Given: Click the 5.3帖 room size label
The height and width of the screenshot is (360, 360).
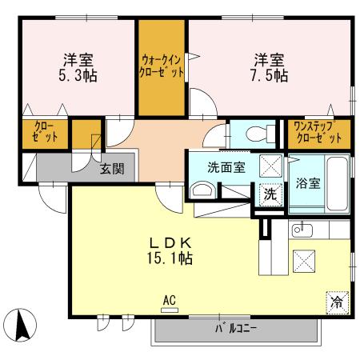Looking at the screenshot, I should coord(77,76).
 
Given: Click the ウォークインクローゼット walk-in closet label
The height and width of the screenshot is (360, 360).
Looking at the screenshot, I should coord(162,65).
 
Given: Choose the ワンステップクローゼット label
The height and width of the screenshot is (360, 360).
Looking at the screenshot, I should coord(318,132).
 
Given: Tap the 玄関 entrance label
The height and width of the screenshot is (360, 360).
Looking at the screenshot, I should coord(112,168).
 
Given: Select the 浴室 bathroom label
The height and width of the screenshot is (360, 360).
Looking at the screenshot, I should coord(308,182).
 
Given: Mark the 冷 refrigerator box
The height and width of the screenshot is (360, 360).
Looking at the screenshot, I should coord(338,302).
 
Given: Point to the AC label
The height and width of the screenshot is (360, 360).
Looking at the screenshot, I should coord(168,301).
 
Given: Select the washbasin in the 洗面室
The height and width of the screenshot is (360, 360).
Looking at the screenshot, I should coord(202,190).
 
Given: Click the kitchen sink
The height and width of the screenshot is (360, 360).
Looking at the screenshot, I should coord(302,230).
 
